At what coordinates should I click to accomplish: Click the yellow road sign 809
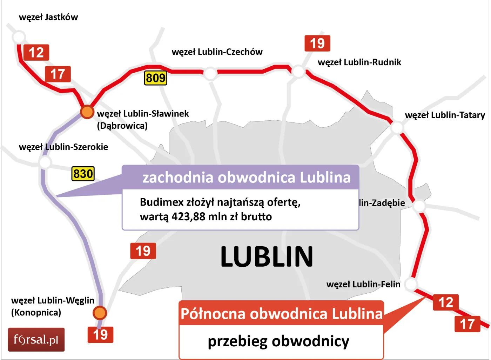[x=155, y=78]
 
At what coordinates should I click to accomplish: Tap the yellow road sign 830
[x=83, y=174]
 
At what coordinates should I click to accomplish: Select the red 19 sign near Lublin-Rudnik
[x=317, y=44]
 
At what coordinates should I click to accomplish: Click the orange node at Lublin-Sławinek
[x=87, y=112]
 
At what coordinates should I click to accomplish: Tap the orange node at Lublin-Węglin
[x=100, y=312]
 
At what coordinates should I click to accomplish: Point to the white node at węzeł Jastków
[x=19, y=37]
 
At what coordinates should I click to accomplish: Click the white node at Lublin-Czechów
[x=210, y=73]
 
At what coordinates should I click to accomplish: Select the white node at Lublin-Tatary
[x=397, y=127]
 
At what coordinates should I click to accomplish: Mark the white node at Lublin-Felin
[x=411, y=284]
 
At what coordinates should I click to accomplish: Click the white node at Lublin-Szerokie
[x=45, y=162]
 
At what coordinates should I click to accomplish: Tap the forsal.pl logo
[x=36, y=340]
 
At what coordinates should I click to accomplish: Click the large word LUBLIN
[x=267, y=257]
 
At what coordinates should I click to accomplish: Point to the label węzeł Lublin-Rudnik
[x=359, y=62]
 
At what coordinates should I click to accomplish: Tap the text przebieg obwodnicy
[x=278, y=341]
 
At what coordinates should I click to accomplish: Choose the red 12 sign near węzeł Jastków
[x=36, y=53]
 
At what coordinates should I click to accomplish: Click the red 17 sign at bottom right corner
[x=467, y=324]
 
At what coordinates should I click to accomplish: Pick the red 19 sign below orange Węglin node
[x=100, y=335]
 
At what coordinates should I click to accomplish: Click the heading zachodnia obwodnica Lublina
[x=246, y=178]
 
